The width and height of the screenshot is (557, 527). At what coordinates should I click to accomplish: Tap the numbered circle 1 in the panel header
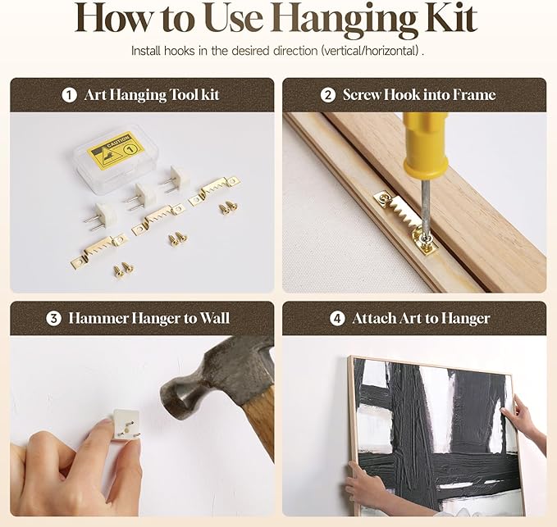(69, 95)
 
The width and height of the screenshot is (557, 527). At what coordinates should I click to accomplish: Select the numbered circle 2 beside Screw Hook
(327, 95)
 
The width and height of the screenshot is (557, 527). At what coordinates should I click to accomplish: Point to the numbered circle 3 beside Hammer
(53, 318)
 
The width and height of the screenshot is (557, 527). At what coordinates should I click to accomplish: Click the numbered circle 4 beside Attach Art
(337, 318)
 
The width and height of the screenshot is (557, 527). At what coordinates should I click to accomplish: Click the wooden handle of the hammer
(260, 424)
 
